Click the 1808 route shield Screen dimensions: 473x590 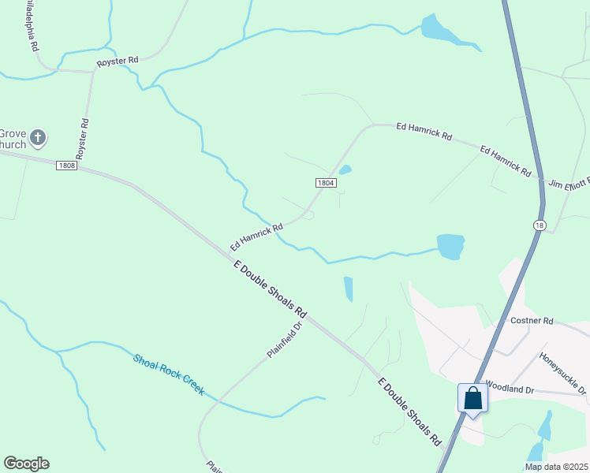point(66,166)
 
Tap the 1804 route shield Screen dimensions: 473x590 point(326,183)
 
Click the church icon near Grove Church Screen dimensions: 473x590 point(38,139)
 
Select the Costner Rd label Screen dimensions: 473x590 point(532,321)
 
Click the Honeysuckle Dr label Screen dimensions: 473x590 point(562,372)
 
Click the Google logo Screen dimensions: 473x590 point(26,464)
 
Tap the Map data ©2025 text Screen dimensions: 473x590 point(556,467)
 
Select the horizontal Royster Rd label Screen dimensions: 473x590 point(118,60)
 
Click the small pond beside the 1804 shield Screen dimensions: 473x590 point(345,169)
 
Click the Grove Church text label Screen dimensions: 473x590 point(13,139)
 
